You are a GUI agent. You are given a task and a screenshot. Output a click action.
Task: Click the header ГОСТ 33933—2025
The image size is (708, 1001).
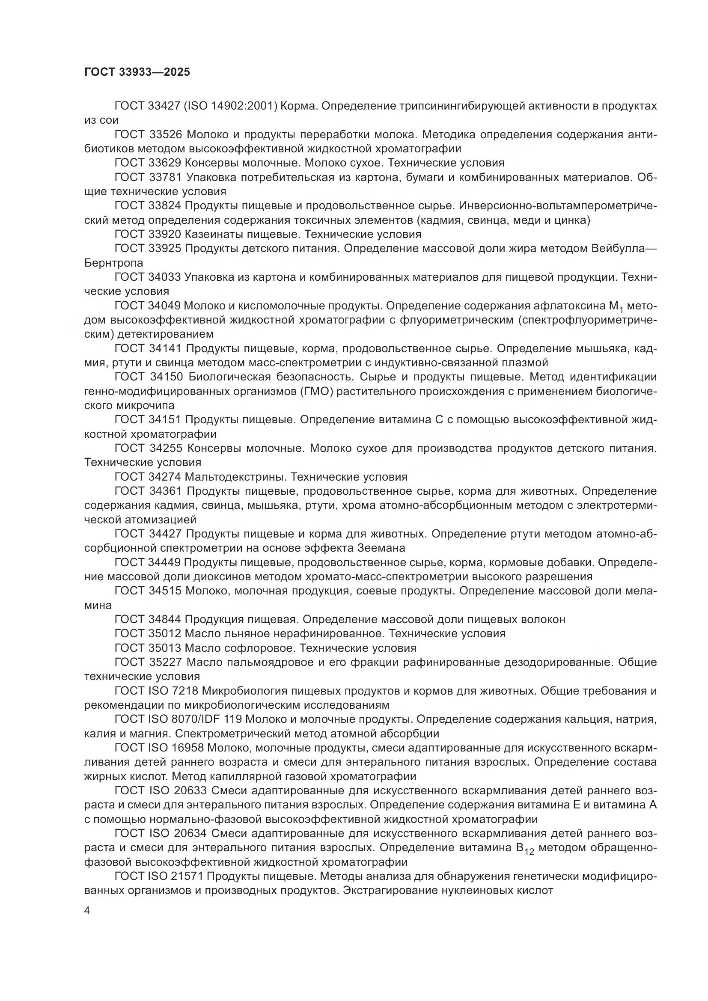tap(137, 72)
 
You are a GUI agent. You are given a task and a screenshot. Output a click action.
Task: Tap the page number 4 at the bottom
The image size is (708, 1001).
tap(87, 912)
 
